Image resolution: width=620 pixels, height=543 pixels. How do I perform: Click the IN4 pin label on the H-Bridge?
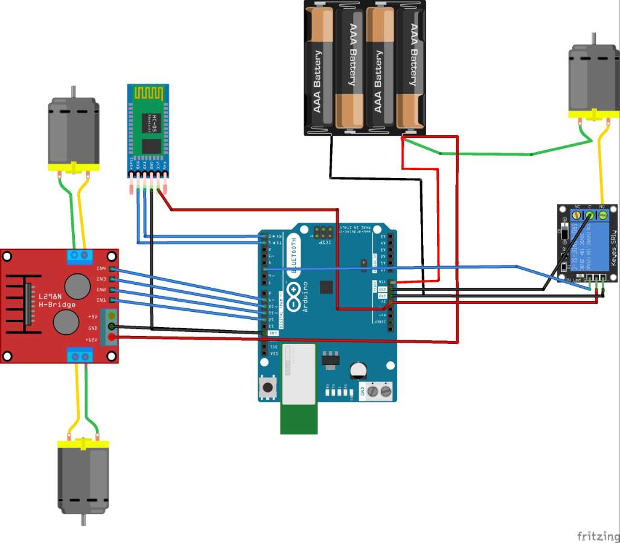100,268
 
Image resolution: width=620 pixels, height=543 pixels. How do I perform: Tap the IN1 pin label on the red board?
100,300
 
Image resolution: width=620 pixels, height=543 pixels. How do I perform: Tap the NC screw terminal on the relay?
577,214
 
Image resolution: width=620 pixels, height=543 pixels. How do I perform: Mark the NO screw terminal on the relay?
602,214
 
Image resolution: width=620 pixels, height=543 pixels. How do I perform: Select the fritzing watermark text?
598,536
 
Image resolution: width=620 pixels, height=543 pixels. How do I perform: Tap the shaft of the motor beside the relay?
593,39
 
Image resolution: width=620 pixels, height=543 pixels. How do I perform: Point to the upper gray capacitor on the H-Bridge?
77,285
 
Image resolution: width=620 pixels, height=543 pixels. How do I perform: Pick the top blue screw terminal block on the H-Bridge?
78,256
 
